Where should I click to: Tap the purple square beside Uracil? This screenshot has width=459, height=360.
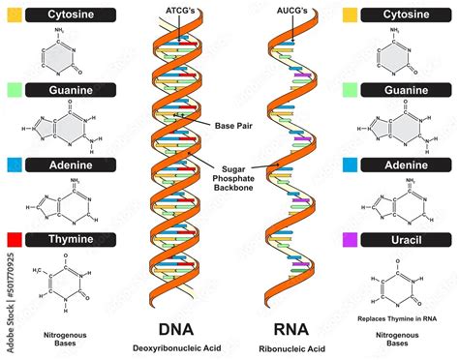pyautogui.click(x=350, y=238)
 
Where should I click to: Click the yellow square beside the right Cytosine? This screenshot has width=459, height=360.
pyautogui.click(x=350, y=15)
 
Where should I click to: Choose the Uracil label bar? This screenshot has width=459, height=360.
pyautogui.click(x=407, y=238)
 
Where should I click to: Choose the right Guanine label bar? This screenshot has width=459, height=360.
pyautogui.click(x=407, y=90)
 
